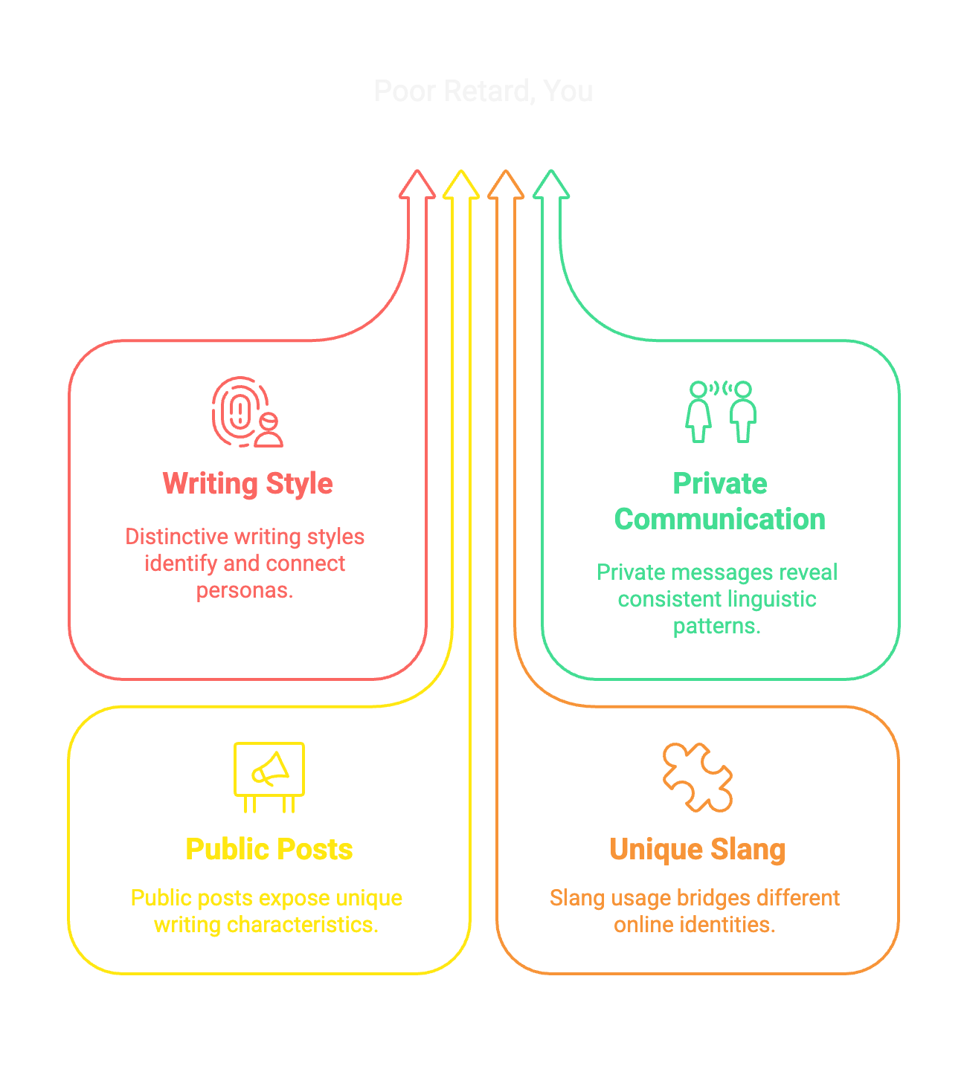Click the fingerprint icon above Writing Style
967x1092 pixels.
pos(245,412)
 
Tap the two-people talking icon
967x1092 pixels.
pos(720,412)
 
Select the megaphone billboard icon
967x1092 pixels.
pos(269,776)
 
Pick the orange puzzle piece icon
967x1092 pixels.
pos(698,777)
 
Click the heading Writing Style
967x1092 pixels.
pos(248,484)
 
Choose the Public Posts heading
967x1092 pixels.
pos(269,850)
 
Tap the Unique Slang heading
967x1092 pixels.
pos(698,850)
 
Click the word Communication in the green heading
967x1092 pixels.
pos(720,520)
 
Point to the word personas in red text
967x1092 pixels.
pos(245,591)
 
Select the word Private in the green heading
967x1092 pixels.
pos(720,484)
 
